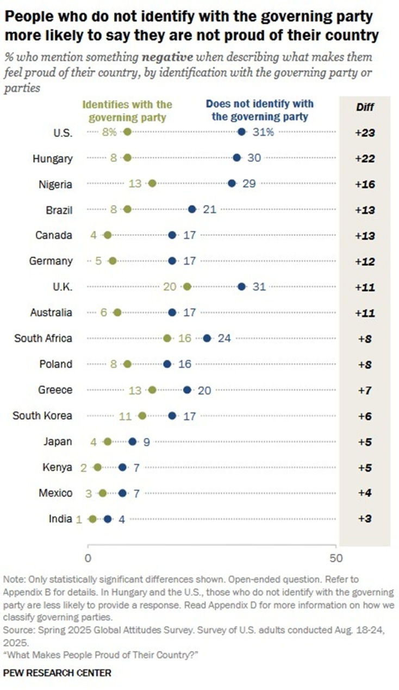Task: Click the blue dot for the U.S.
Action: pyautogui.click(x=242, y=132)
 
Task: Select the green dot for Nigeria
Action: pyautogui.click(x=152, y=184)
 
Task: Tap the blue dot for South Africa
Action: pyautogui.click(x=207, y=338)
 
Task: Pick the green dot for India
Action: pyautogui.click(x=92, y=519)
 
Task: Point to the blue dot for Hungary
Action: pyautogui.click(x=237, y=158)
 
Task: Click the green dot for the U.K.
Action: pyautogui.click(x=187, y=287)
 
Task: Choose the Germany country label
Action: pyautogui.click(x=51, y=261)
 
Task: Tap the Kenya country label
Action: pyautogui.click(x=57, y=467)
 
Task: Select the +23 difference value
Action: pyautogui.click(x=365, y=132)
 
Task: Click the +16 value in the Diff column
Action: pyautogui.click(x=365, y=184)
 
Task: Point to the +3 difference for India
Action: pyautogui.click(x=365, y=519)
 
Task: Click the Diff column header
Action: pyautogui.click(x=365, y=107)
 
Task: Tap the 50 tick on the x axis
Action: pyautogui.click(x=337, y=558)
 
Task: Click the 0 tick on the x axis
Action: pyautogui.click(x=88, y=558)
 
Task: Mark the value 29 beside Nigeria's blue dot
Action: pyautogui.click(x=249, y=184)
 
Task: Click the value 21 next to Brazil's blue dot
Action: pyautogui.click(x=209, y=209)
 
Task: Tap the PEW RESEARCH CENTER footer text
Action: pyautogui.click(x=57, y=673)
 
